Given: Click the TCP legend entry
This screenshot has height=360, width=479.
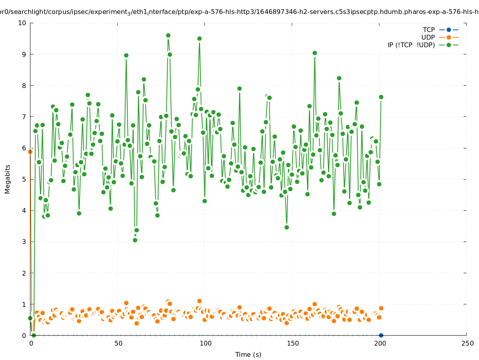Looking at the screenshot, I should (x=429, y=30).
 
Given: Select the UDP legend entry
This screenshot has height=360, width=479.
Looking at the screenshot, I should (x=428, y=37).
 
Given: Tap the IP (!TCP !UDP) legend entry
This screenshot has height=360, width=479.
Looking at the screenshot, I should (x=411, y=45).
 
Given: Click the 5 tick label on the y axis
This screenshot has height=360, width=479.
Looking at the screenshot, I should (x=24, y=179).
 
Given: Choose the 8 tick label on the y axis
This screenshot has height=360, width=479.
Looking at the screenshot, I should (x=24, y=85).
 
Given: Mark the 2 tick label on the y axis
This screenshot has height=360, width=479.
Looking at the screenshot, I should (x=24, y=273).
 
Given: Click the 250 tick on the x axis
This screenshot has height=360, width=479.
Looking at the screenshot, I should (x=467, y=343).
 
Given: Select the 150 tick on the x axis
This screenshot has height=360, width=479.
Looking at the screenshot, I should (x=293, y=343).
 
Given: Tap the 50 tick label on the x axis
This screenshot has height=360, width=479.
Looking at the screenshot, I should (x=118, y=343).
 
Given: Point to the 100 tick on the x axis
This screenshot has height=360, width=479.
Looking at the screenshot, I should (x=205, y=343).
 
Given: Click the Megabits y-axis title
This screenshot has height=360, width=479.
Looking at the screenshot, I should (x=8, y=179).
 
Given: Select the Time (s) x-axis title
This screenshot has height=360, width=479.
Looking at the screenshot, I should (x=248, y=354).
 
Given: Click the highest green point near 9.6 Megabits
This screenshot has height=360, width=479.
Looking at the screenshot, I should (x=168, y=35).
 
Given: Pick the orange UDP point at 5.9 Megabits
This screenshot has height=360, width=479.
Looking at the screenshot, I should (x=30, y=152).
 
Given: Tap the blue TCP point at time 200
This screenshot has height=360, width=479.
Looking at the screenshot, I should (x=381, y=335).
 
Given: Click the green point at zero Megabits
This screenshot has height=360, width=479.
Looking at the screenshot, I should (x=34, y=335).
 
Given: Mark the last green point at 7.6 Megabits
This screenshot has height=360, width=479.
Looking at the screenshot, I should (x=381, y=97).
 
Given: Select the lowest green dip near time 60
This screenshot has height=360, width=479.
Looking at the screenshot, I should (x=135, y=240).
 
